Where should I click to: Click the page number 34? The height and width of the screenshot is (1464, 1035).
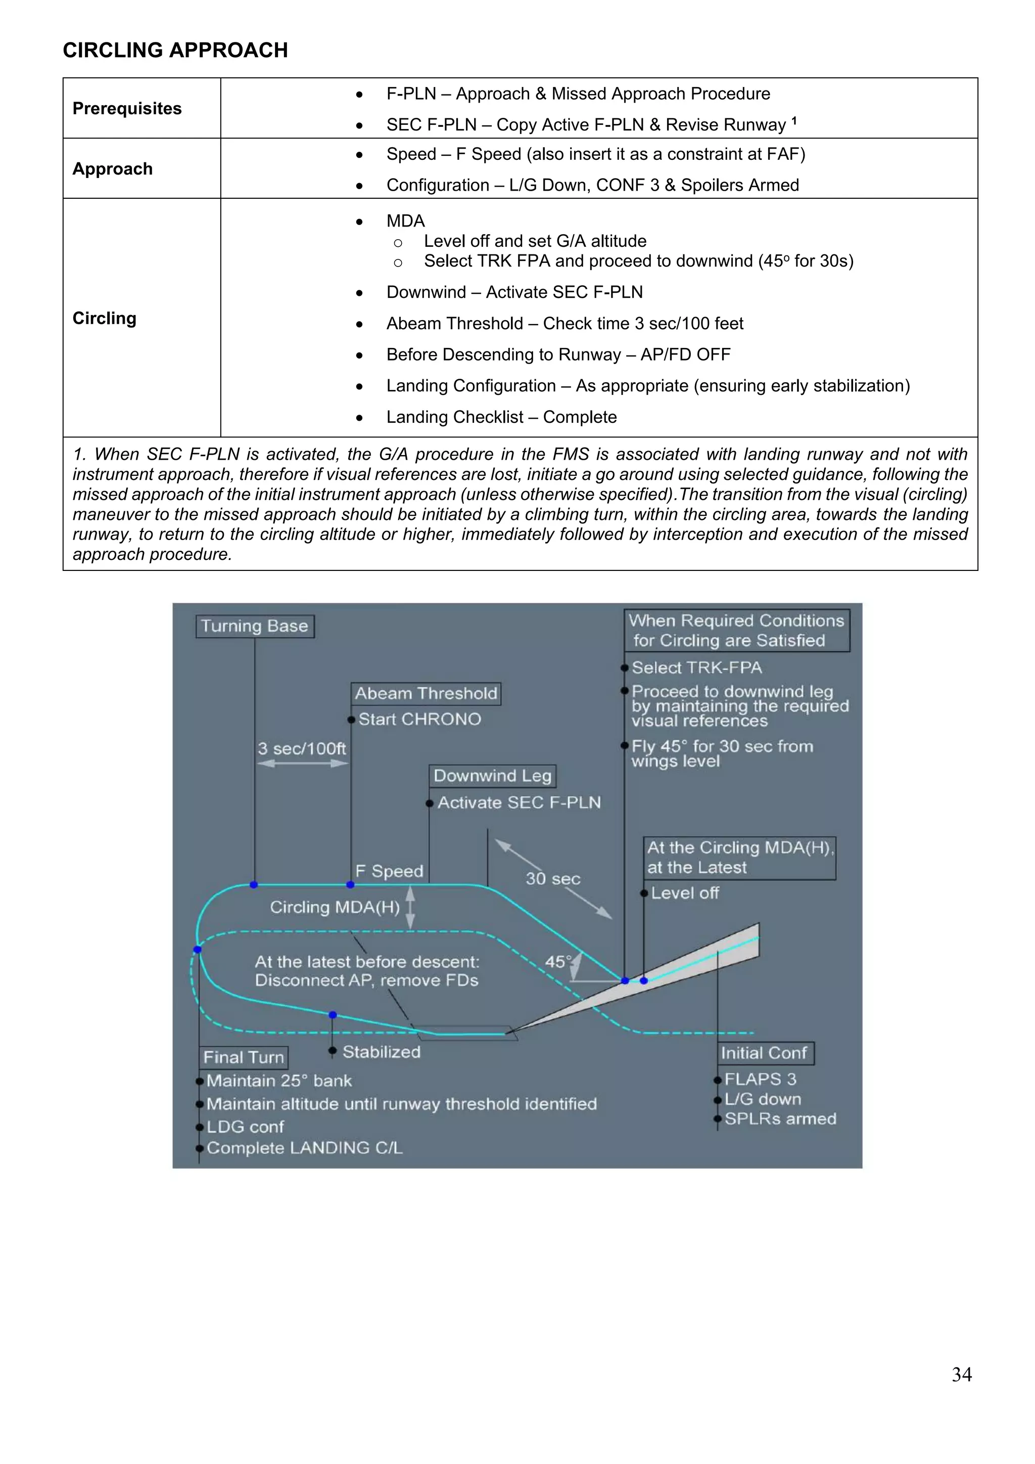point(961,1374)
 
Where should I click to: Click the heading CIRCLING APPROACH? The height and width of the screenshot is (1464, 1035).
point(175,51)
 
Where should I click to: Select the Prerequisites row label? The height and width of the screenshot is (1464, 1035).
point(127,108)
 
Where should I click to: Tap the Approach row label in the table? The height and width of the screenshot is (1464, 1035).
point(112,169)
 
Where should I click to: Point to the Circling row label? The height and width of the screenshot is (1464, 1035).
point(105,318)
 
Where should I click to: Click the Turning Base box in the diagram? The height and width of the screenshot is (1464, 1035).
point(254,626)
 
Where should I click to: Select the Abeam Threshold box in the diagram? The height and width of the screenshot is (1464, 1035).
point(426,693)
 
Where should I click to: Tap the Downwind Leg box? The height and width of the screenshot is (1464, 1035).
point(492,776)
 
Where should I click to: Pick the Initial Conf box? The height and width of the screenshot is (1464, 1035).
point(765,1053)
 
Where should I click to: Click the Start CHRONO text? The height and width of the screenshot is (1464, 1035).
point(419,719)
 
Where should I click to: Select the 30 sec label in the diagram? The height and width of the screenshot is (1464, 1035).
point(552,879)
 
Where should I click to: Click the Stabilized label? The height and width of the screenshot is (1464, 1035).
point(381,1052)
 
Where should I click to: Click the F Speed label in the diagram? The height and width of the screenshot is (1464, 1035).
point(389,871)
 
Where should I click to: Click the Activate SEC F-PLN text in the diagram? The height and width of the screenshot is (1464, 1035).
point(519,803)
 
